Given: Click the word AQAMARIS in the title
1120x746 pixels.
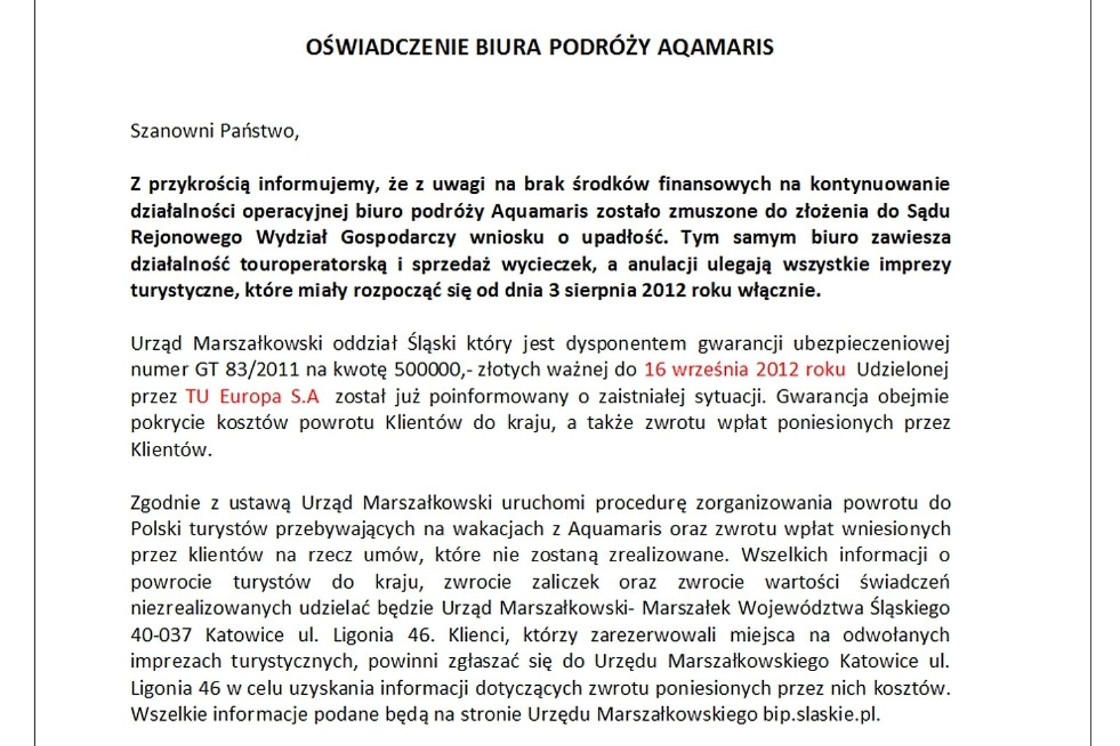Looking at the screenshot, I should (x=715, y=47).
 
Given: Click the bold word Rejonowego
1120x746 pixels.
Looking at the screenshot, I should (x=186, y=237).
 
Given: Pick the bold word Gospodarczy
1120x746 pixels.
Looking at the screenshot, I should (x=398, y=237).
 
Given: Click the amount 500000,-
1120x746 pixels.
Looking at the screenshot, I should (x=428, y=370).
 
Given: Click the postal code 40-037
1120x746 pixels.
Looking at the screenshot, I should (x=161, y=635).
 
